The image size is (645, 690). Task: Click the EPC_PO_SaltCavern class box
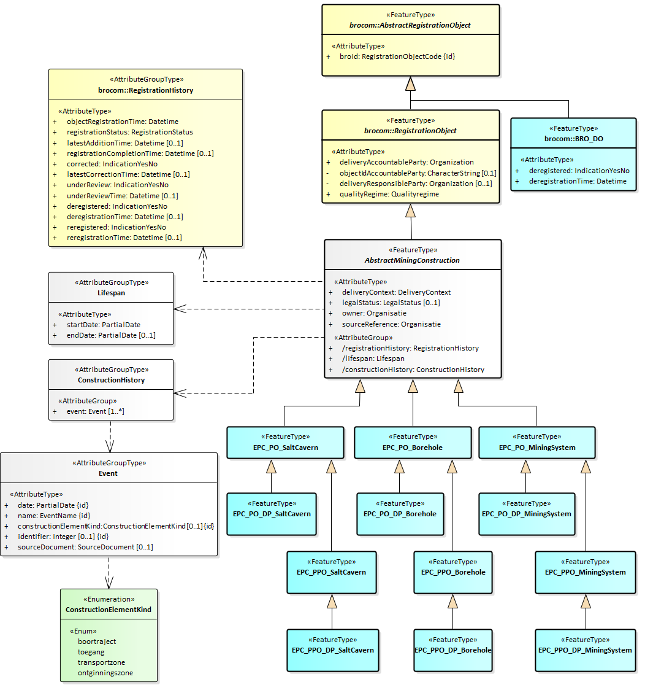285,443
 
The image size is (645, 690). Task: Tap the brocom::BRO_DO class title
573,139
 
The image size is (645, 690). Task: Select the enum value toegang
91,652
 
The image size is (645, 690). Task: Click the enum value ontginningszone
105,673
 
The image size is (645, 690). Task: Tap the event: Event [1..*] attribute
95,411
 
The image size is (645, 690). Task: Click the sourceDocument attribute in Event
85,546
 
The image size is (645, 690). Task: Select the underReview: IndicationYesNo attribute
117,185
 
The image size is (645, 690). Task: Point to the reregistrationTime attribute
124,238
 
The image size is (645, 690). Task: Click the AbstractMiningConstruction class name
412,260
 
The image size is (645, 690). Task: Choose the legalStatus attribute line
391,303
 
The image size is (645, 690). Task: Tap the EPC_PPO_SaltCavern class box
331,572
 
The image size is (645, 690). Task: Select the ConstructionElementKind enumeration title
109,610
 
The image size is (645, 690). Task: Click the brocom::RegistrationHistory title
145,90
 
